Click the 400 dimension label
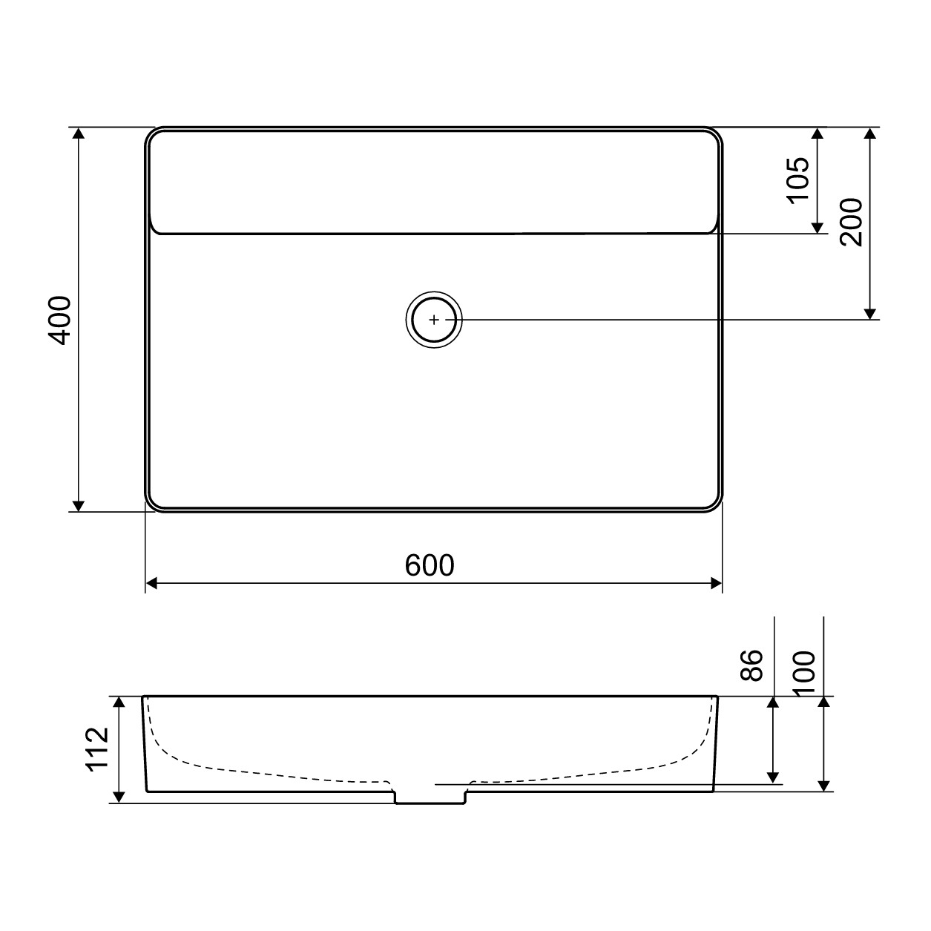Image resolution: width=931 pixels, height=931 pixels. [x=61, y=320]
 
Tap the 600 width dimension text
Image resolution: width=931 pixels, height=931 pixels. [x=430, y=565]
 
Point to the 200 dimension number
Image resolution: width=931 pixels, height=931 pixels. [x=851, y=223]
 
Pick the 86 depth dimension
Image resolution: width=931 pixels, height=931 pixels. [x=751, y=665]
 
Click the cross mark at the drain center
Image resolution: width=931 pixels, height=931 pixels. [x=434, y=320]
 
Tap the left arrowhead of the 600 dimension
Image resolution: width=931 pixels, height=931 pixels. [x=151, y=583]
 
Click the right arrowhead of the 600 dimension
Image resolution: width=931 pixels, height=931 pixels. [x=717, y=583]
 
